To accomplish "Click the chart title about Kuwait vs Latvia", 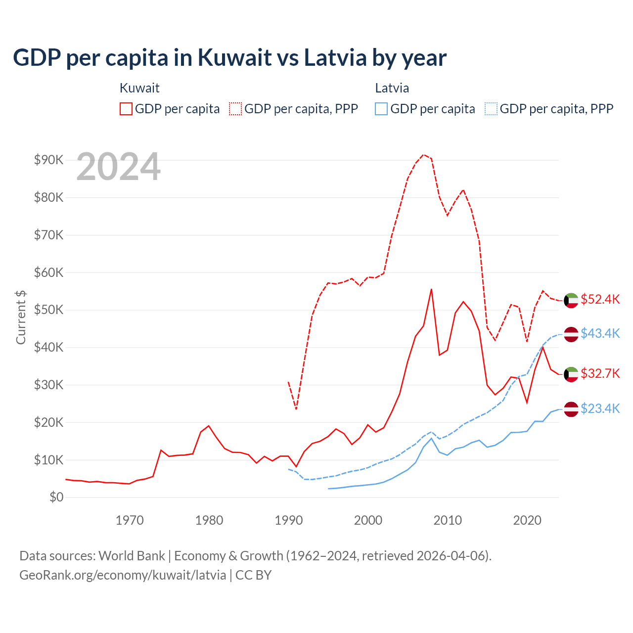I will coord(229,58).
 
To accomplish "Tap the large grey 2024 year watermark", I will coord(119,167).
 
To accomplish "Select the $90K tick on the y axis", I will coord(48,160).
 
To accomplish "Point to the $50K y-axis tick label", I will coord(48,310).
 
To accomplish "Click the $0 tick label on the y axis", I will coord(56,497).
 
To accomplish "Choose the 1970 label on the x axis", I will coord(130,520).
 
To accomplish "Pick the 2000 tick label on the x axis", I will coord(368,520).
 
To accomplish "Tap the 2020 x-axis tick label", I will coord(527,520).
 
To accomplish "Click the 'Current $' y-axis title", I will coord(21,317).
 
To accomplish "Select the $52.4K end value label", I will coord(600,299).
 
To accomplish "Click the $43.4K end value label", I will coord(600,333).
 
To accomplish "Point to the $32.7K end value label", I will coord(600,373).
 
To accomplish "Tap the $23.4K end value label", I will coord(600,408).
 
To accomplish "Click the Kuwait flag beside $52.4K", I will coord(571,300).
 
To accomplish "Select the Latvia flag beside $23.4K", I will coord(571,409).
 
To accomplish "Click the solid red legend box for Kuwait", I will coord(126,109).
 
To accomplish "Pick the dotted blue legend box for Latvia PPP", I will coord(491,109).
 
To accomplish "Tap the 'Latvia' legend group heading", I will coord(392,88).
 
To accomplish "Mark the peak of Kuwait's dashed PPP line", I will coord(423,154).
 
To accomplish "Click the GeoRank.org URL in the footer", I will coord(123,575).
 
